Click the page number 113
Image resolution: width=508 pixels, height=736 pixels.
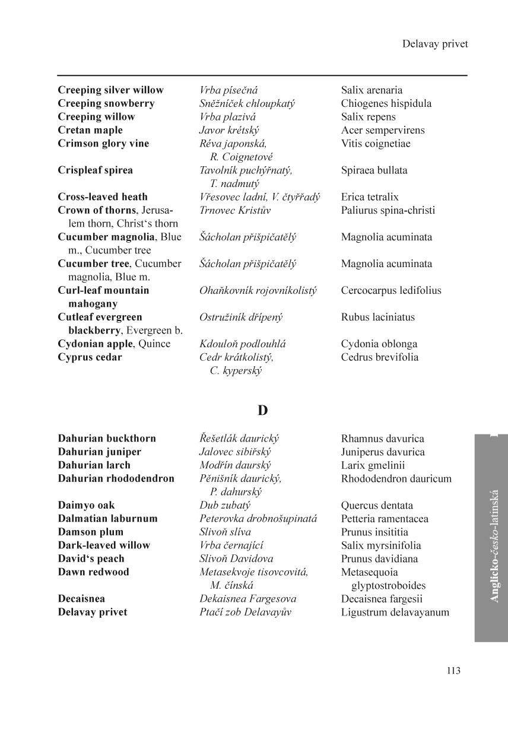453,671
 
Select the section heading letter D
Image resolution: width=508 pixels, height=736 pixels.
262,411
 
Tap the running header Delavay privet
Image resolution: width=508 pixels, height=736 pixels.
434,44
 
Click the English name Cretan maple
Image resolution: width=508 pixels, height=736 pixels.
90,130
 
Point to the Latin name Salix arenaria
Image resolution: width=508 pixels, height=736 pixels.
372,90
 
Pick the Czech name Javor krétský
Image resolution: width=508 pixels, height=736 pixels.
229,130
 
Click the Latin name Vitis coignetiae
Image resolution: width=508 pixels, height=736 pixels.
376,144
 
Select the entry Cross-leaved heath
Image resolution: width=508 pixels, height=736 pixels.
103,197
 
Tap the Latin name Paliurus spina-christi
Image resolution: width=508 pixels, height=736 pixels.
388,210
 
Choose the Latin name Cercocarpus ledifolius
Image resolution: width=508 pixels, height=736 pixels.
391,290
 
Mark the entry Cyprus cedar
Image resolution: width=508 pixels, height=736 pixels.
90,357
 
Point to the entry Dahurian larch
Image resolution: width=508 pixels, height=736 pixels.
94,465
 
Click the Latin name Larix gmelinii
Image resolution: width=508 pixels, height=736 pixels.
373,465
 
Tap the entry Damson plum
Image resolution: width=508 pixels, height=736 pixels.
91,532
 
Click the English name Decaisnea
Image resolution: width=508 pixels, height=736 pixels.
81,599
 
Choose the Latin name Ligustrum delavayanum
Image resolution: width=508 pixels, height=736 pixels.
395,612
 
